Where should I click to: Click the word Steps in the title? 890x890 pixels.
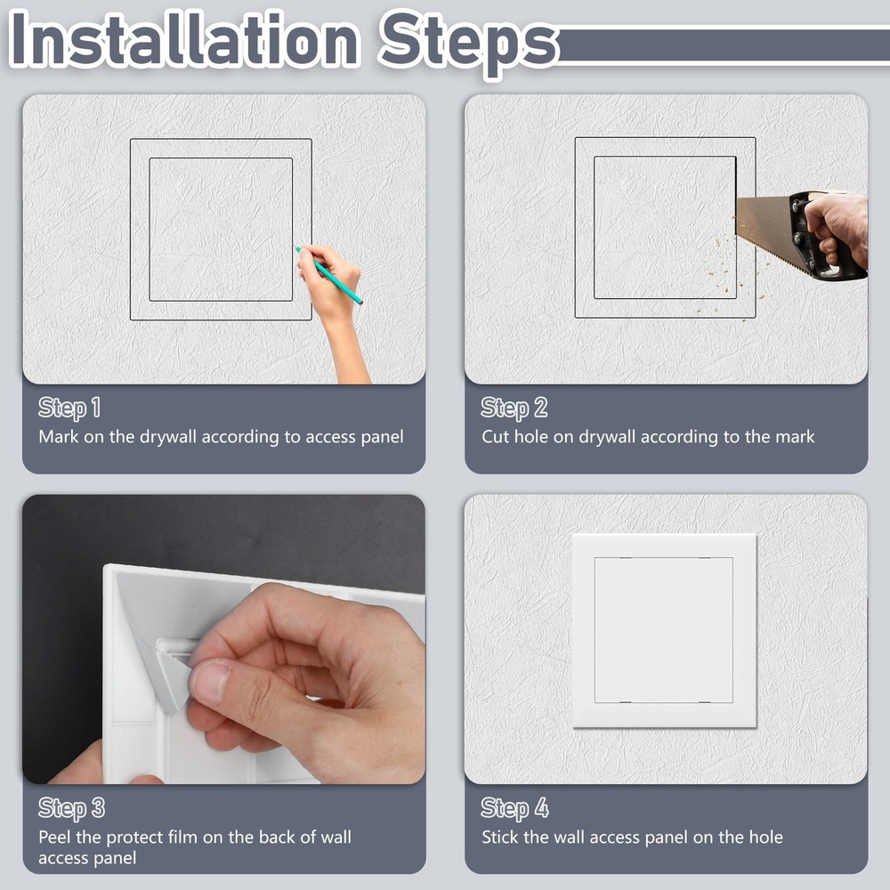[466, 40]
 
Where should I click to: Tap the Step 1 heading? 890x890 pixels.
[69, 409]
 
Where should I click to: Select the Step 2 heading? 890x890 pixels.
[514, 409]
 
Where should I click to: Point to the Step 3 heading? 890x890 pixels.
[70, 808]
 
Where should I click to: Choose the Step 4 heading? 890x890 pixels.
[514, 808]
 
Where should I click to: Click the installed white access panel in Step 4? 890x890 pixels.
[664, 629]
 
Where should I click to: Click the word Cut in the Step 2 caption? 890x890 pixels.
[496, 437]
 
